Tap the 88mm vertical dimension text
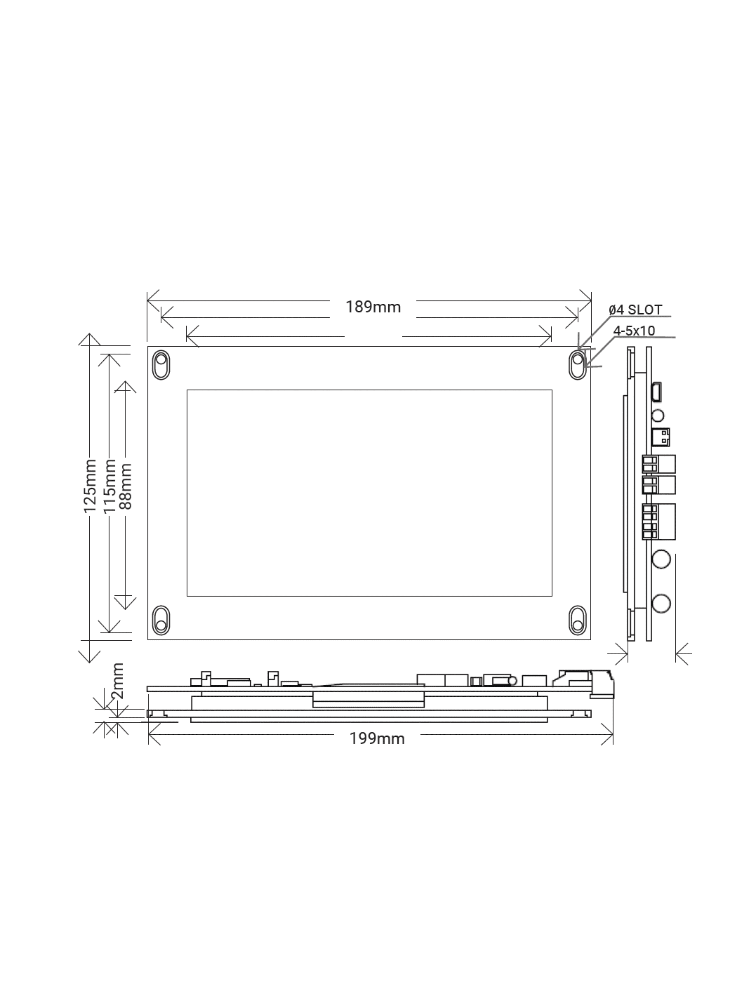click(x=125, y=486)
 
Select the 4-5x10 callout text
click(x=634, y=331)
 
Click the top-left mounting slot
click(x=161, y=365)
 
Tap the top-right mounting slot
click(x=577, y=365)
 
